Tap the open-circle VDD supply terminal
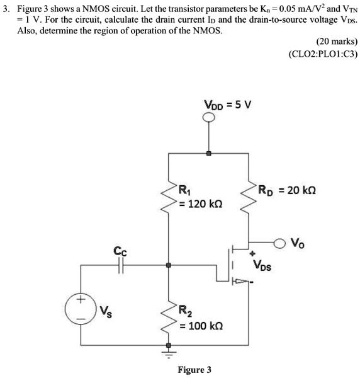point(209,117)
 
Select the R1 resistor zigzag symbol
point(168,196)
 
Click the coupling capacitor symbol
point(120,266)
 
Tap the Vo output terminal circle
point(280,241)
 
